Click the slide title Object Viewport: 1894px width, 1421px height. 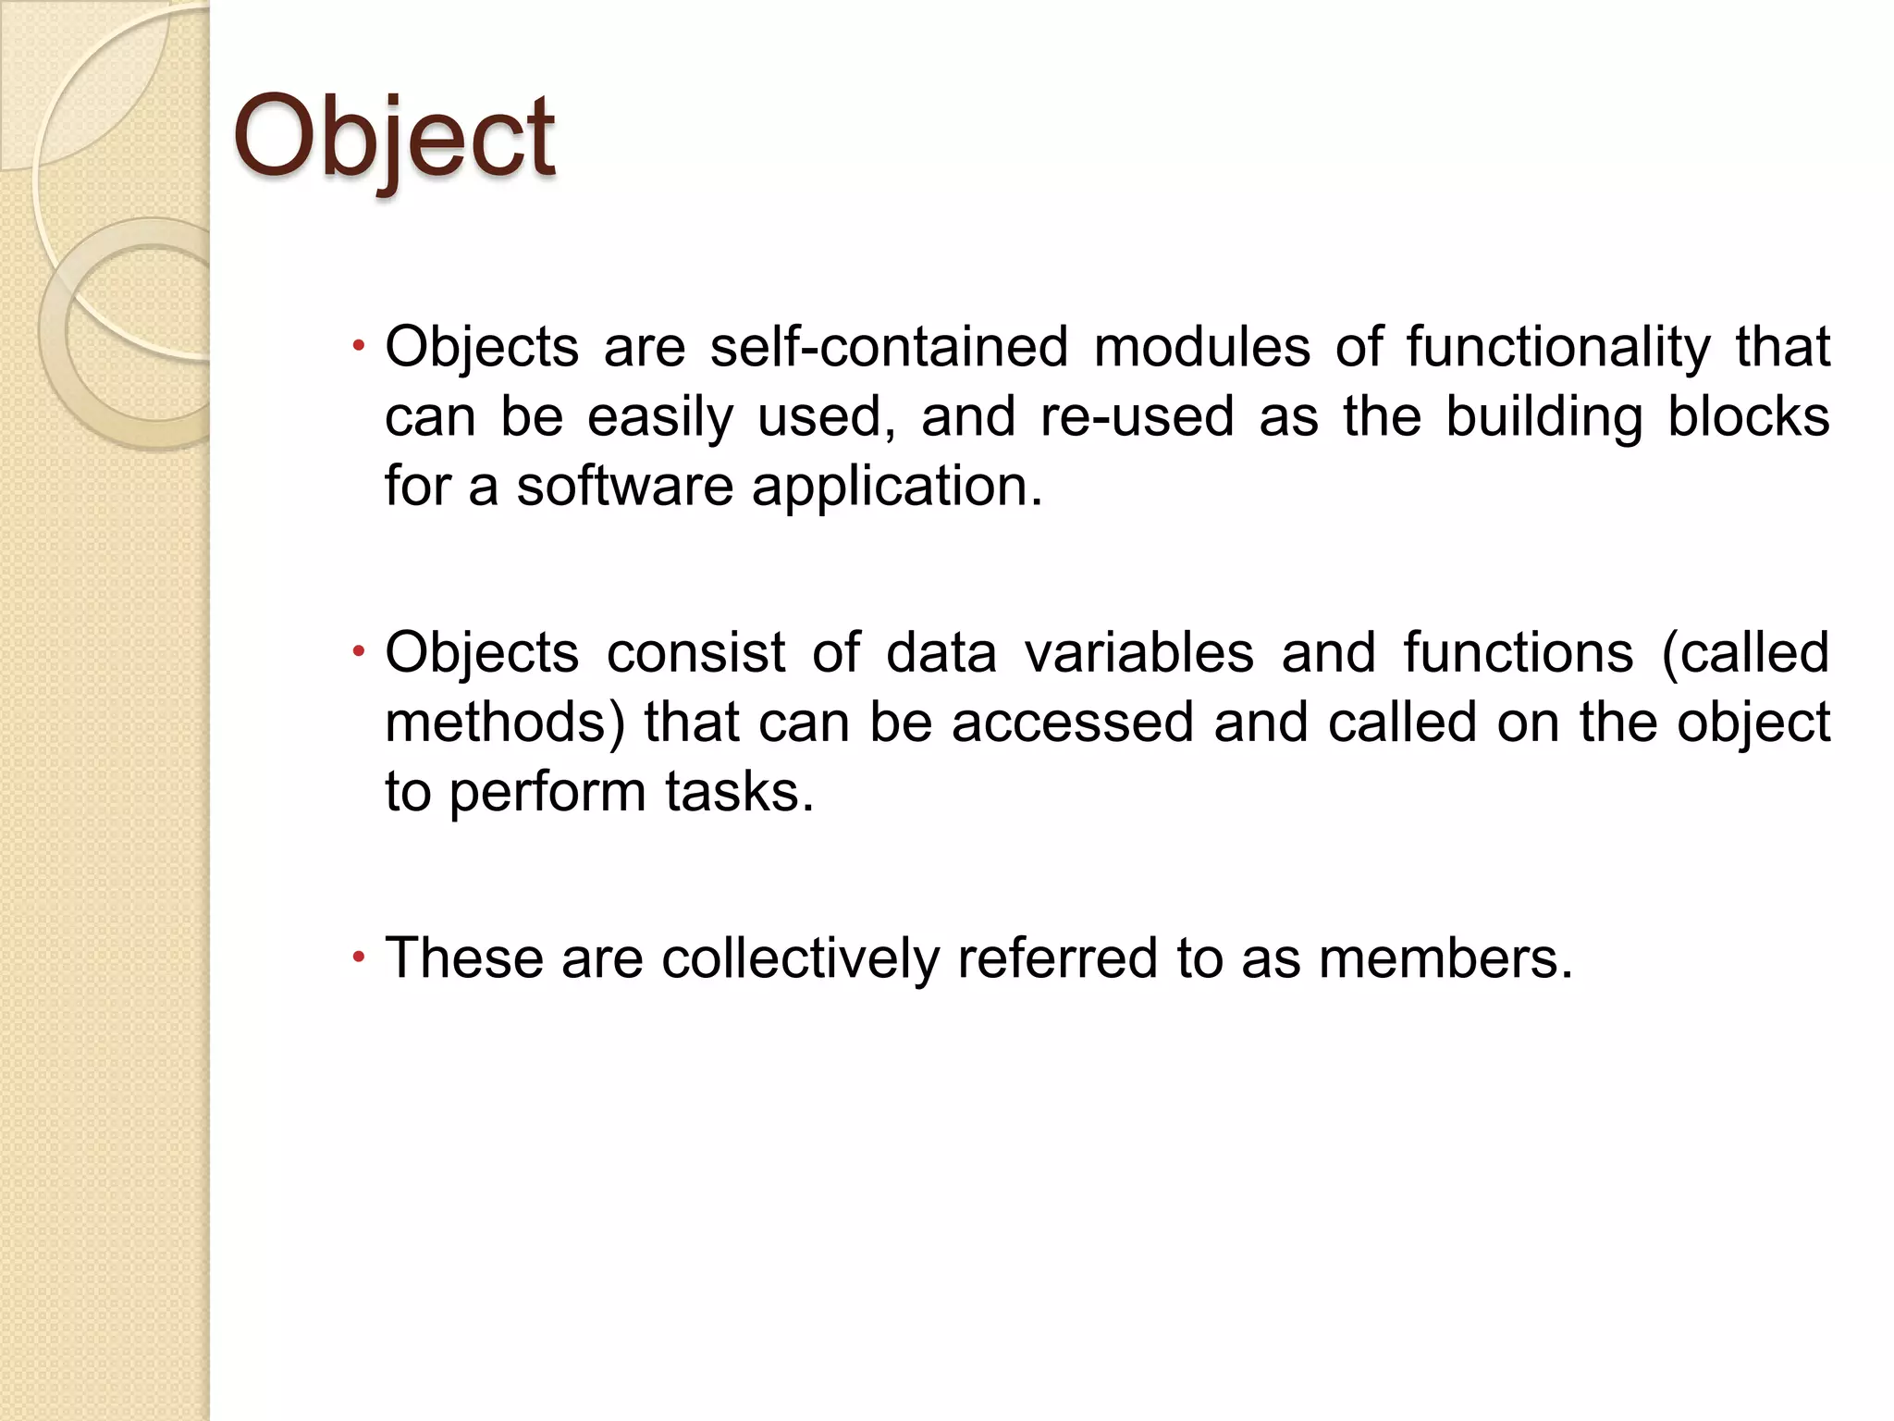[394, 139]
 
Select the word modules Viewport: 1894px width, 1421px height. [1201, 347]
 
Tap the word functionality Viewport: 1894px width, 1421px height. [1558, 347]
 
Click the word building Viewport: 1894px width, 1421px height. [1543, 416]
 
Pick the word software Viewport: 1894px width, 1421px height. [624, 486]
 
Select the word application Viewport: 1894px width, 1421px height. [896, 488]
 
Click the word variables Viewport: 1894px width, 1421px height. [1138, 652]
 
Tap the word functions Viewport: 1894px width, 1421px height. [1518, 652]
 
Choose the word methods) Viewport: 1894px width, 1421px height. [505, 722]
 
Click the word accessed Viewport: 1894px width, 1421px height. [1072, 722]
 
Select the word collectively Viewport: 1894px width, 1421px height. [800, 958]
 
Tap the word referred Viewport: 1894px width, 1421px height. [1057, 958]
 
